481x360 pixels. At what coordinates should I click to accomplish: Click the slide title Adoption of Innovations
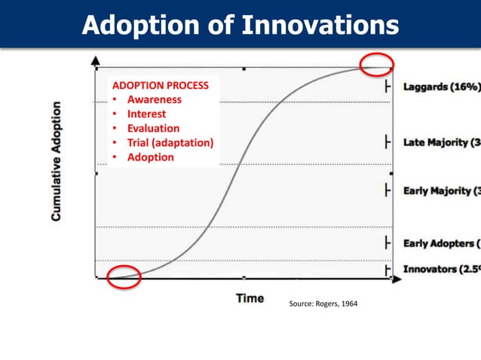pos(240,25)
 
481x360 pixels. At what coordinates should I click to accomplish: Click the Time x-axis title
pos(250,298)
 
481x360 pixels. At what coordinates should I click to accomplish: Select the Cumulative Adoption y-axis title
pos(57,162)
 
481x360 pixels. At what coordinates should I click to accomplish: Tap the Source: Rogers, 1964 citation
pos(324,304)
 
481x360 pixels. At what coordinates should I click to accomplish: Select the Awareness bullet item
pos(154,99)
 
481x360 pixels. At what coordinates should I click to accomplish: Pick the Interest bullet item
pos(146,114)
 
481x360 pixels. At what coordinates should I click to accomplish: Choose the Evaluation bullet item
pos(153,128)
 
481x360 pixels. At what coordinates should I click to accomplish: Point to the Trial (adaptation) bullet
pos(170,142)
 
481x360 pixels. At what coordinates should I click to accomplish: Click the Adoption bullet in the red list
pos(150,157)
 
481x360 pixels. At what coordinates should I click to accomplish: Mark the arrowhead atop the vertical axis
pos(95,59)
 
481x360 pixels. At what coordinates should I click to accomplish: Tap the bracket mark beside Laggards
pos(388,87)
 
